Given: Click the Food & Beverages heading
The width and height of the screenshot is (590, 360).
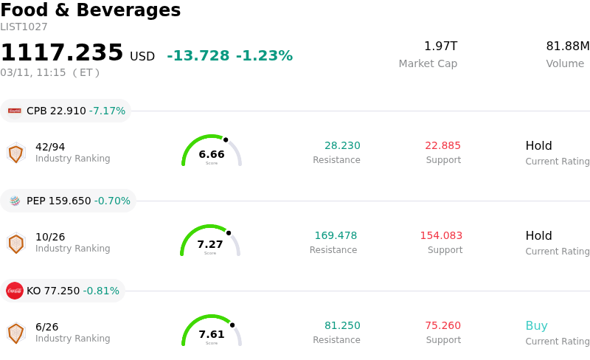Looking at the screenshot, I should click(90, 10).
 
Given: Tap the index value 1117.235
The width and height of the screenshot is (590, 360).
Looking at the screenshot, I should click(62, 53).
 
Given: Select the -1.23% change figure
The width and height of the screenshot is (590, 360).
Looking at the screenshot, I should click(264, 56).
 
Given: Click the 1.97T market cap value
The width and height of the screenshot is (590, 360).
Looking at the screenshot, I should click(440, 46).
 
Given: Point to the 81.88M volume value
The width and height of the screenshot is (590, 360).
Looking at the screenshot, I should click(567, 46).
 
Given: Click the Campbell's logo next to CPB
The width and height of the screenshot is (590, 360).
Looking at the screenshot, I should click(15, 111).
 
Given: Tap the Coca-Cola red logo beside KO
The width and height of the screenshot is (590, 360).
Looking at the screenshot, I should click(15, 291).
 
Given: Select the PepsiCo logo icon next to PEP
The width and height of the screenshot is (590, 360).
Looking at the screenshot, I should click(15, 201).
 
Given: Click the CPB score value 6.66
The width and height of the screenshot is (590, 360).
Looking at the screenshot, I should click(212, 154).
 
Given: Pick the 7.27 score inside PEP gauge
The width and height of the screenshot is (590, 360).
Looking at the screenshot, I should click(210, 244).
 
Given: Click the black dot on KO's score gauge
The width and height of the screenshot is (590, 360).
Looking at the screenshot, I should click(232, 325).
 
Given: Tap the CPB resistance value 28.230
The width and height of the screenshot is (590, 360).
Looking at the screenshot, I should click(342, 146).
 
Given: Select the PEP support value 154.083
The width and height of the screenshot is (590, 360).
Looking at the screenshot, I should click(441, 236).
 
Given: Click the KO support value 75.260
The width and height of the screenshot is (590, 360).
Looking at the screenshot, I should click(442, 326).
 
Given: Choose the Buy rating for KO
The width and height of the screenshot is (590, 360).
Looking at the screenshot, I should click(536, 326).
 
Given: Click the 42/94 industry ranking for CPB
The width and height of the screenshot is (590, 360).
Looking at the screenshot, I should click(50, 147).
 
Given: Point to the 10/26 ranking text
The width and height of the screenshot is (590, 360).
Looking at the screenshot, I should click(50, 237).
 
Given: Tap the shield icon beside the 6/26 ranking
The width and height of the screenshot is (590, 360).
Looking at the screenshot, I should click(15, 333).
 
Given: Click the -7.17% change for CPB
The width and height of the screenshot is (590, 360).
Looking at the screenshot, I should click(107, 111).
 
